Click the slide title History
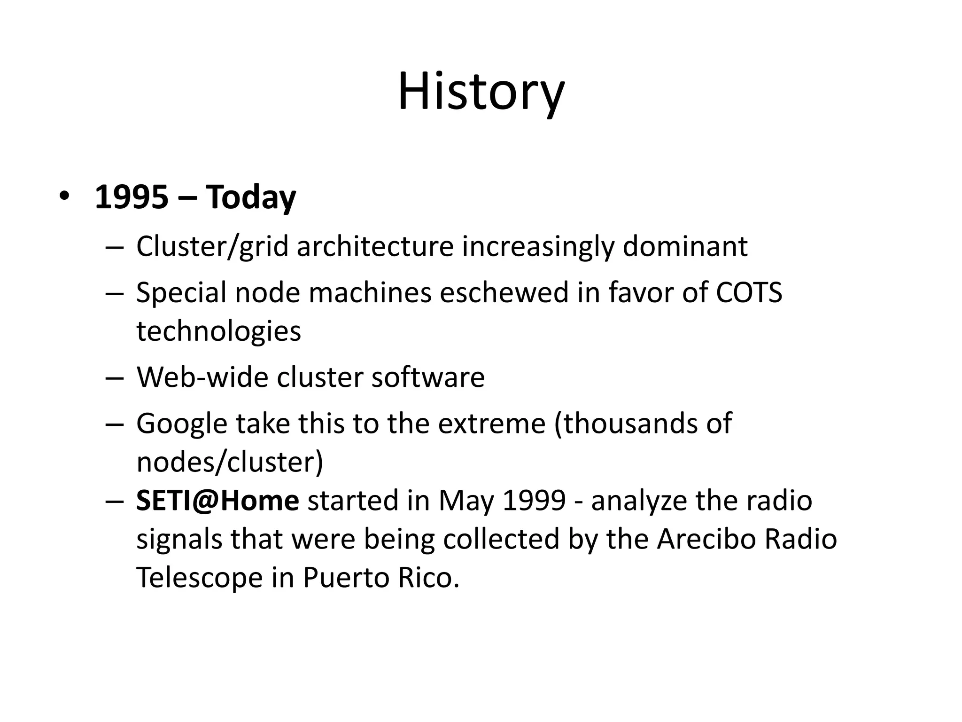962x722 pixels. pyautogui.click(x=481, y=92)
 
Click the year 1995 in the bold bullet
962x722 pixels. pyautogui.click(x=131, y=197)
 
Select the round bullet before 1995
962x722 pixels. pyautogui.click(x=64, y=196)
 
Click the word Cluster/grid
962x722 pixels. pyautogui.click(x=212, y=247)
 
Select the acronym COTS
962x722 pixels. pyautogui.click(x=749, y=292)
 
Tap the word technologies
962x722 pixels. pyautogui.click(x=218, y=331)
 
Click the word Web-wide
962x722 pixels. pyautogui.click(x=202, y=377)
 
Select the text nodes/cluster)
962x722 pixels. pyautogui.click(x=230, y=463)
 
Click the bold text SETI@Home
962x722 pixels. pyautogui.click(x=217, y=501)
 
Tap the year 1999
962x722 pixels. pyautogui.click(x=534, y=501)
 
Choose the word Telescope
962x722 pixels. pyautogui.click(x=199, y=578)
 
